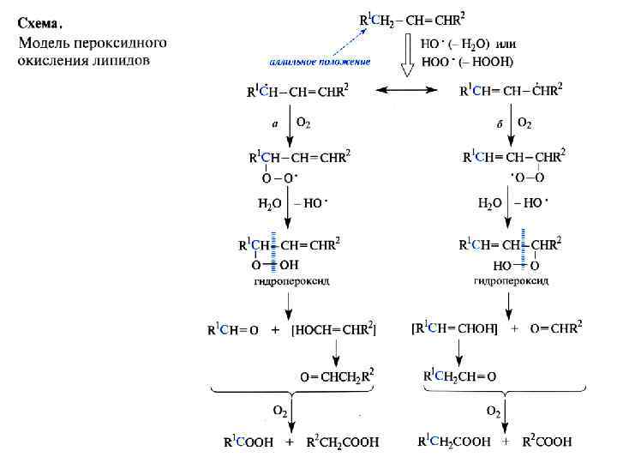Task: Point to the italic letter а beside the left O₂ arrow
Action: coord(274,123)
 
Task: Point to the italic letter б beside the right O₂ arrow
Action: coord(499,123)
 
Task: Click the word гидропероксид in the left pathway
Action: coord(291,280)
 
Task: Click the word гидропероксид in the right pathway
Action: coord(511,280)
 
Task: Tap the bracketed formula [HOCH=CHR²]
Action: coord(334,328)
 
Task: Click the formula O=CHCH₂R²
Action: coord(337,376)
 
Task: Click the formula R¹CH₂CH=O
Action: coord(459,376)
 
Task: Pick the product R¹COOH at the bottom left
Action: coord(249,442)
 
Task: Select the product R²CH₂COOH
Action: coord(342,442)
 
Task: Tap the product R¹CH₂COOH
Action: coord(453,442)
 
